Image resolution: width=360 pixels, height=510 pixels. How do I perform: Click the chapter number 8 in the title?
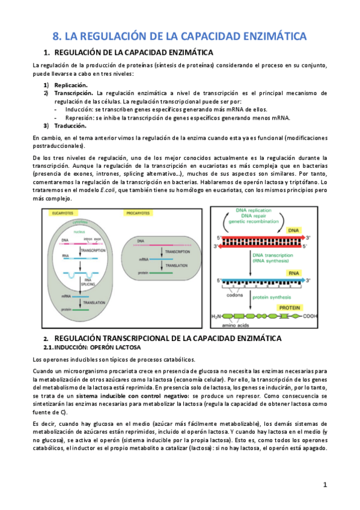[56, 36]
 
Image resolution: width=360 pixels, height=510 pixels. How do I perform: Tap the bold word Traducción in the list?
[70, 126]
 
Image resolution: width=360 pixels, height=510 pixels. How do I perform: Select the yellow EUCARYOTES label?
[63, 214]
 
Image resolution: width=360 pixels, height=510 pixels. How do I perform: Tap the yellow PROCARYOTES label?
[139, 214]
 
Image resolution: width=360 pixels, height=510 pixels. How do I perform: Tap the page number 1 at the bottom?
[325, 484]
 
